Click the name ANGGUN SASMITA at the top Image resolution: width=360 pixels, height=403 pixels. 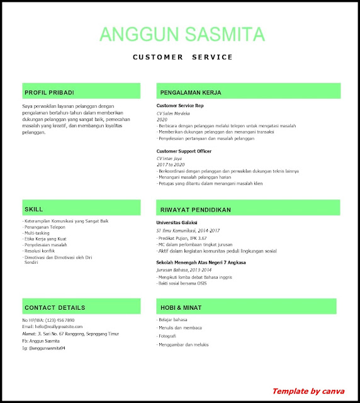tap(183, 34)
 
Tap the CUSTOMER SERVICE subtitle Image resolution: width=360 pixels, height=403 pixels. tap(183, 57)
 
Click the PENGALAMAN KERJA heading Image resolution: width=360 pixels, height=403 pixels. tap(191, 93)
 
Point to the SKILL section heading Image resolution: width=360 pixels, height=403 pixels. tap(34, 209)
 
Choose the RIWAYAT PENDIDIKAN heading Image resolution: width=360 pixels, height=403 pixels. tap(196, 209)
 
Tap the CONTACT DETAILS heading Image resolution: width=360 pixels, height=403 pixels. tap(55, 308)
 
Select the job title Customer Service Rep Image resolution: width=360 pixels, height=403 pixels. tap(180, 106)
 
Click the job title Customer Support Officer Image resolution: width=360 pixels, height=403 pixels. tap(184, 152)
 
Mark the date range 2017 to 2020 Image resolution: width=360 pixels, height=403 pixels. tap(171, 164)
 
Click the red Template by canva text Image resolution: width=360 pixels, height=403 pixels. tap(308, 391)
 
